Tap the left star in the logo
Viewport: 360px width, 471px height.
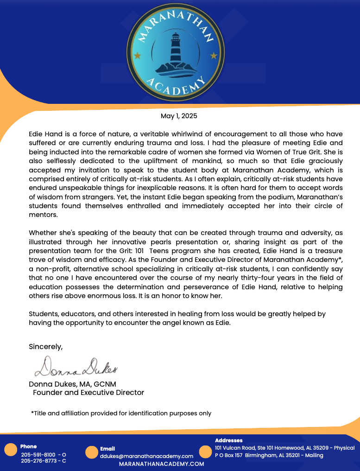[x=137, y=56]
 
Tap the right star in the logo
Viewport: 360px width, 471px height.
[x=213, y=56]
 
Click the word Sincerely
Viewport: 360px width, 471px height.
[x=45, y=346]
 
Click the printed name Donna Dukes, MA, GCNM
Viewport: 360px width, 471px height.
[x=72, y=384]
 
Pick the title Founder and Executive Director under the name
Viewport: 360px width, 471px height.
[x=88, y=393]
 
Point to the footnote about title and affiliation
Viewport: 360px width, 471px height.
[x=121, y=413]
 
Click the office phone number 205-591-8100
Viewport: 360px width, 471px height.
[x=38, y=455]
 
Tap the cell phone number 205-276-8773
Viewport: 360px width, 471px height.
[x=38, y=461]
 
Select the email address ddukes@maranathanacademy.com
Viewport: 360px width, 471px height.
[x=146, y=456]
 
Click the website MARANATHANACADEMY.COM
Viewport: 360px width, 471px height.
[x=161, y=464]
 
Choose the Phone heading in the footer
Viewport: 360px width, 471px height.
[x=28, y=446]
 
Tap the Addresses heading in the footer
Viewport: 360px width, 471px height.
[x=228, y=440]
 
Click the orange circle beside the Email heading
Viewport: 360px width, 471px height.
[x=92, y=452]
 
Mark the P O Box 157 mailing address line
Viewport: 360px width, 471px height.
[x=269, y=455]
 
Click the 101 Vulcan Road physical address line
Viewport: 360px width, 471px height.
[x=284, y=448]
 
